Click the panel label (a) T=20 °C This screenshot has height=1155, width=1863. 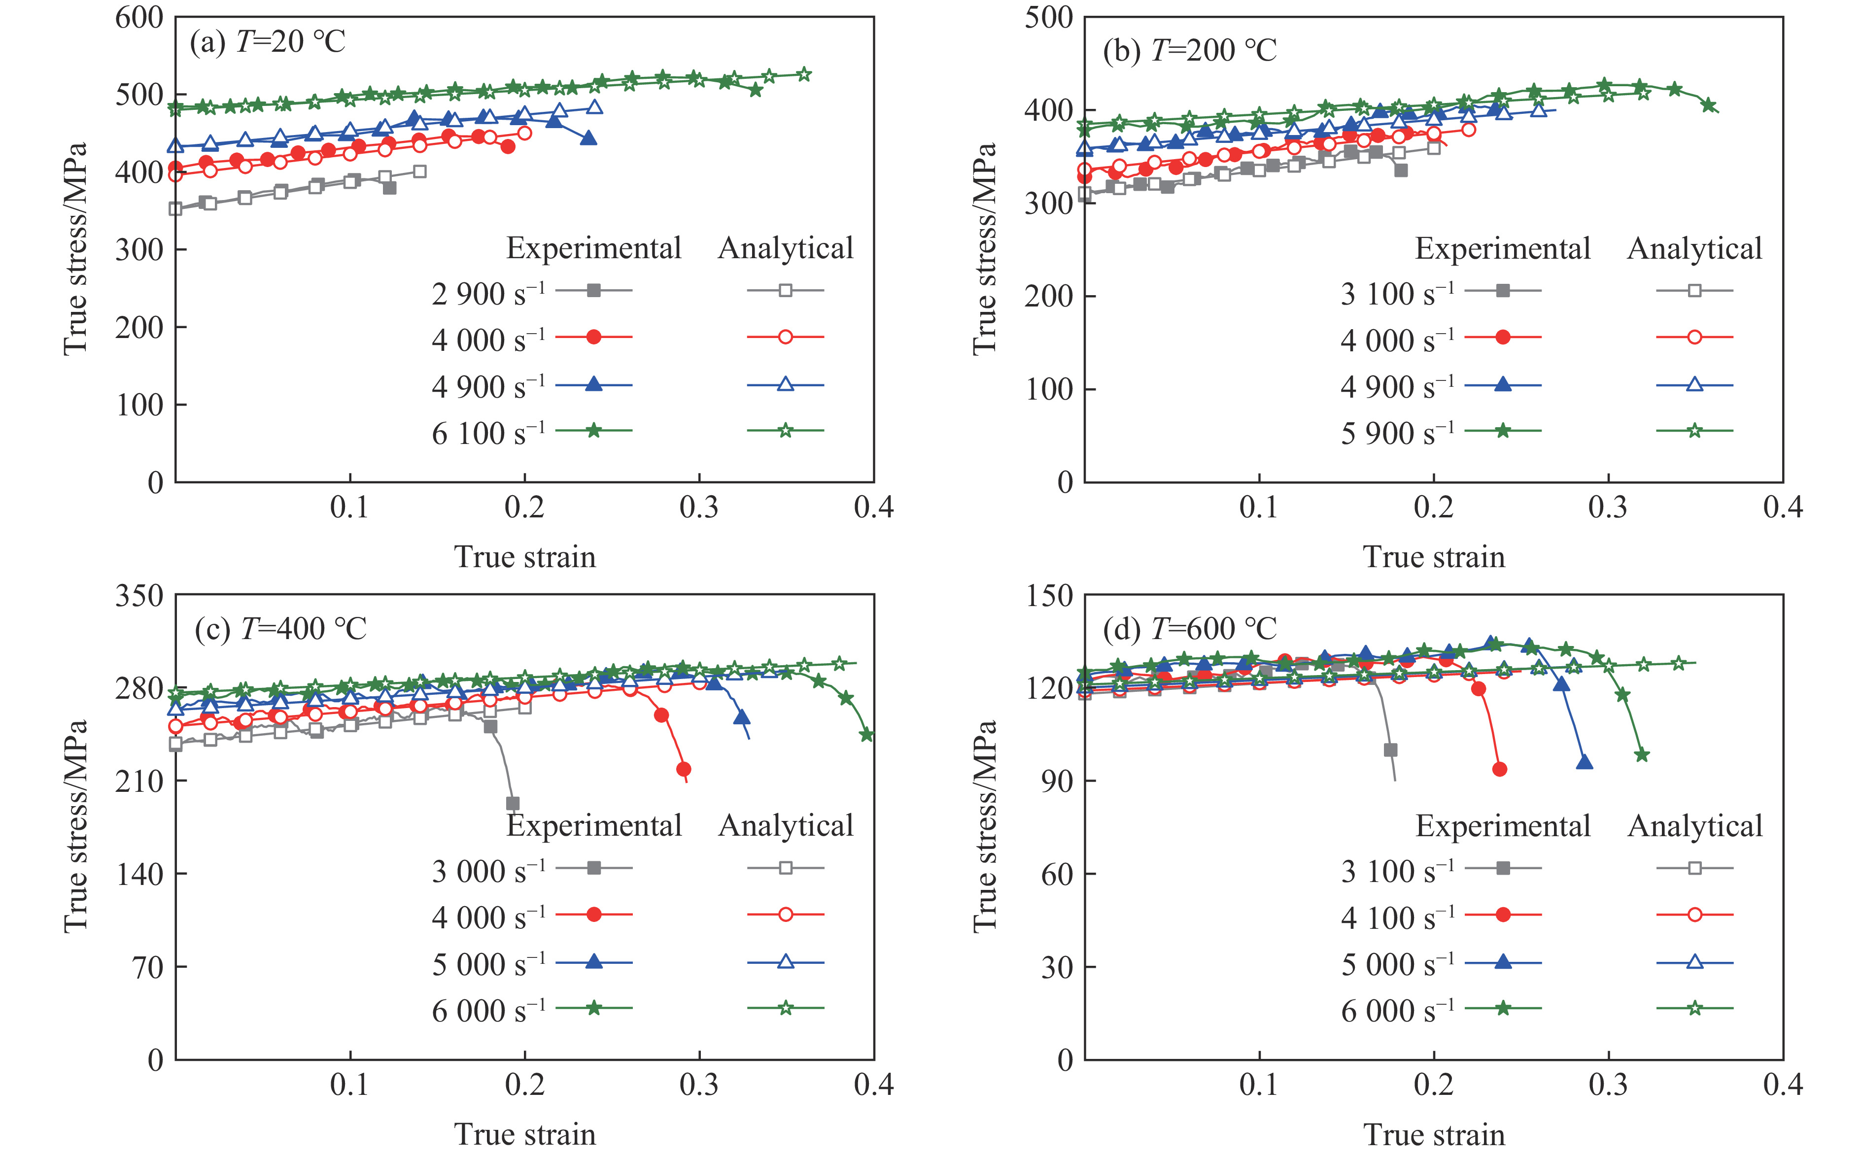(267, 41)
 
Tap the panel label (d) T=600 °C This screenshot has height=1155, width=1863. (1189, 629)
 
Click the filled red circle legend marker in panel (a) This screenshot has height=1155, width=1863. (593, 337)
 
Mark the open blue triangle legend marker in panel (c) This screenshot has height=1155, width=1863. (785, 962)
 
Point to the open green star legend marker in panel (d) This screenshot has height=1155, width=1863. (1694, 1008)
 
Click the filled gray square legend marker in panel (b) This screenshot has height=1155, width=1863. (1502, 290)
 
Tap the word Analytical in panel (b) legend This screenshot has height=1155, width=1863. (1694, 248)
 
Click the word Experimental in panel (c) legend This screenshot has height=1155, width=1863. (593, 826)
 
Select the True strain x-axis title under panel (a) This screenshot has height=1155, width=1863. (525, 557)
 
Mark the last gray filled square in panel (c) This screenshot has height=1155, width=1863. (513, 804)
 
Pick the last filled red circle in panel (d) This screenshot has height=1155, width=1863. (1499, 769)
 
